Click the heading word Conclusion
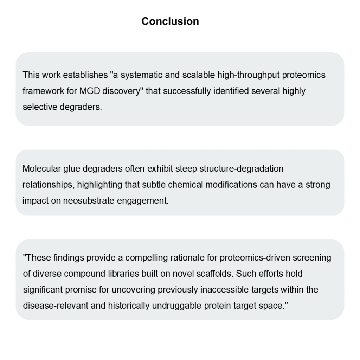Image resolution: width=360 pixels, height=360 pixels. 170,21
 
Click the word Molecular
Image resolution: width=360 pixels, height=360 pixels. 39,169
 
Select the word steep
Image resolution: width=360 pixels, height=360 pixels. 186,169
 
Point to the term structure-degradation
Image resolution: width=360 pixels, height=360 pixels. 242,169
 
